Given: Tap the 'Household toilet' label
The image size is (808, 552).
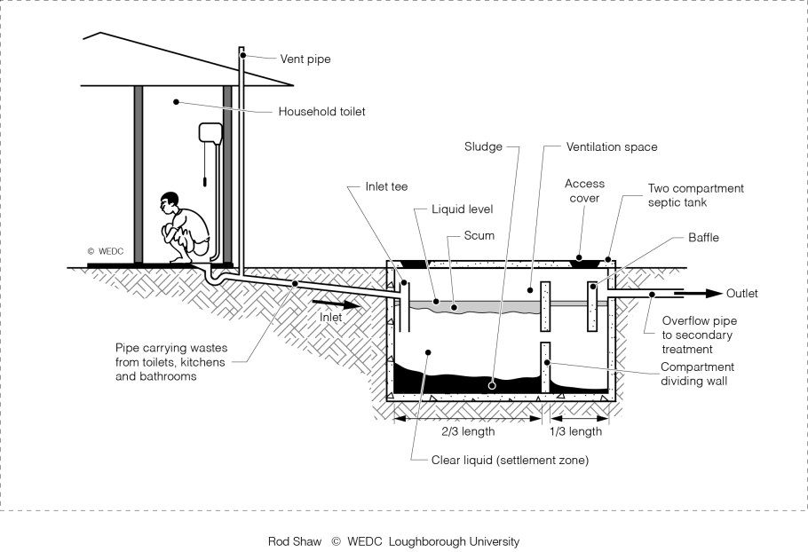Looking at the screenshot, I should pyautogui.click(x=321, y=112).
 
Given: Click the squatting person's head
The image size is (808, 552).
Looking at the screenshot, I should pyautogui.click(x=168, y=202).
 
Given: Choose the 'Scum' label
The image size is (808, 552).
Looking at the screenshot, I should pyautogui.click(x=479, y=236).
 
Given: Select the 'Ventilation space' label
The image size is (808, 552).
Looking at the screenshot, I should pyautogui.click(x=612, y=146).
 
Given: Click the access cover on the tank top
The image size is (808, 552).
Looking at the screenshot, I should pyautogui.click(x=583, y=260).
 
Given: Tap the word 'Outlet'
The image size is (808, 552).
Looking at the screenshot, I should pyautogui.click(x=742, y=293).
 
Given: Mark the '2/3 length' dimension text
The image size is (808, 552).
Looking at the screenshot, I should pyautogui.click(x=468, y=432).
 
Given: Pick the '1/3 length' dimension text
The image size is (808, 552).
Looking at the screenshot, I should pyautogui.click(x=574, y=432).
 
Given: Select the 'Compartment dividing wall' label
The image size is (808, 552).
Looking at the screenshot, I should pyautogui.click(x=697, y=374).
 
